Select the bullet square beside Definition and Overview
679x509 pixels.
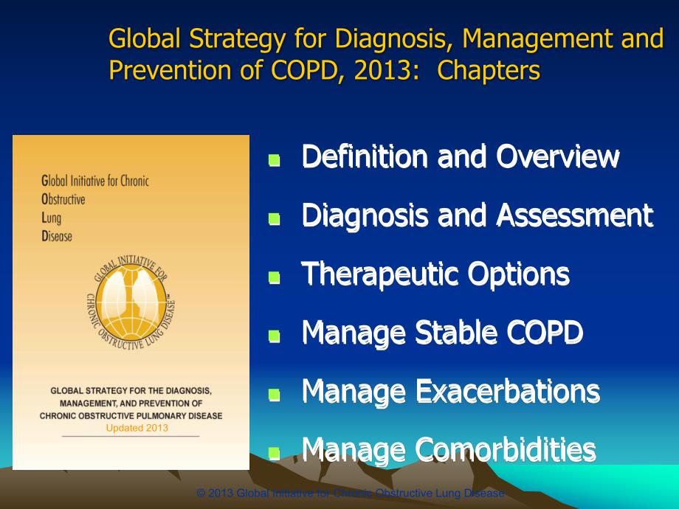(275, 159)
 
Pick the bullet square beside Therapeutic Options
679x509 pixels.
(275, 277)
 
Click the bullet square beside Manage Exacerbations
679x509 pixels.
(275, 395)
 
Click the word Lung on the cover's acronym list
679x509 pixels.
(53, 218)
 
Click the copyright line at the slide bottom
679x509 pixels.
(351, 494)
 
